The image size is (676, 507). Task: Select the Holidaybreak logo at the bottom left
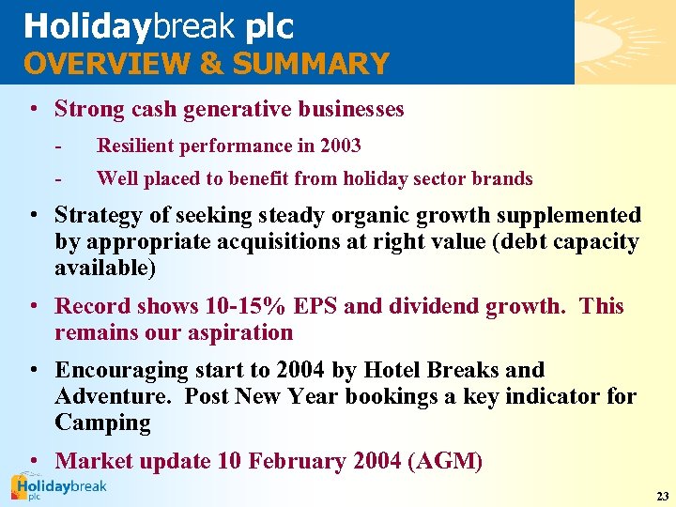coord(58,488)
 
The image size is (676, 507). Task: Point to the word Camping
coord(102,422)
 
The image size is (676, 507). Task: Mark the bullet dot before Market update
coord(34,461)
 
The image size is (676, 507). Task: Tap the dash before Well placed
coord(58,178)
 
